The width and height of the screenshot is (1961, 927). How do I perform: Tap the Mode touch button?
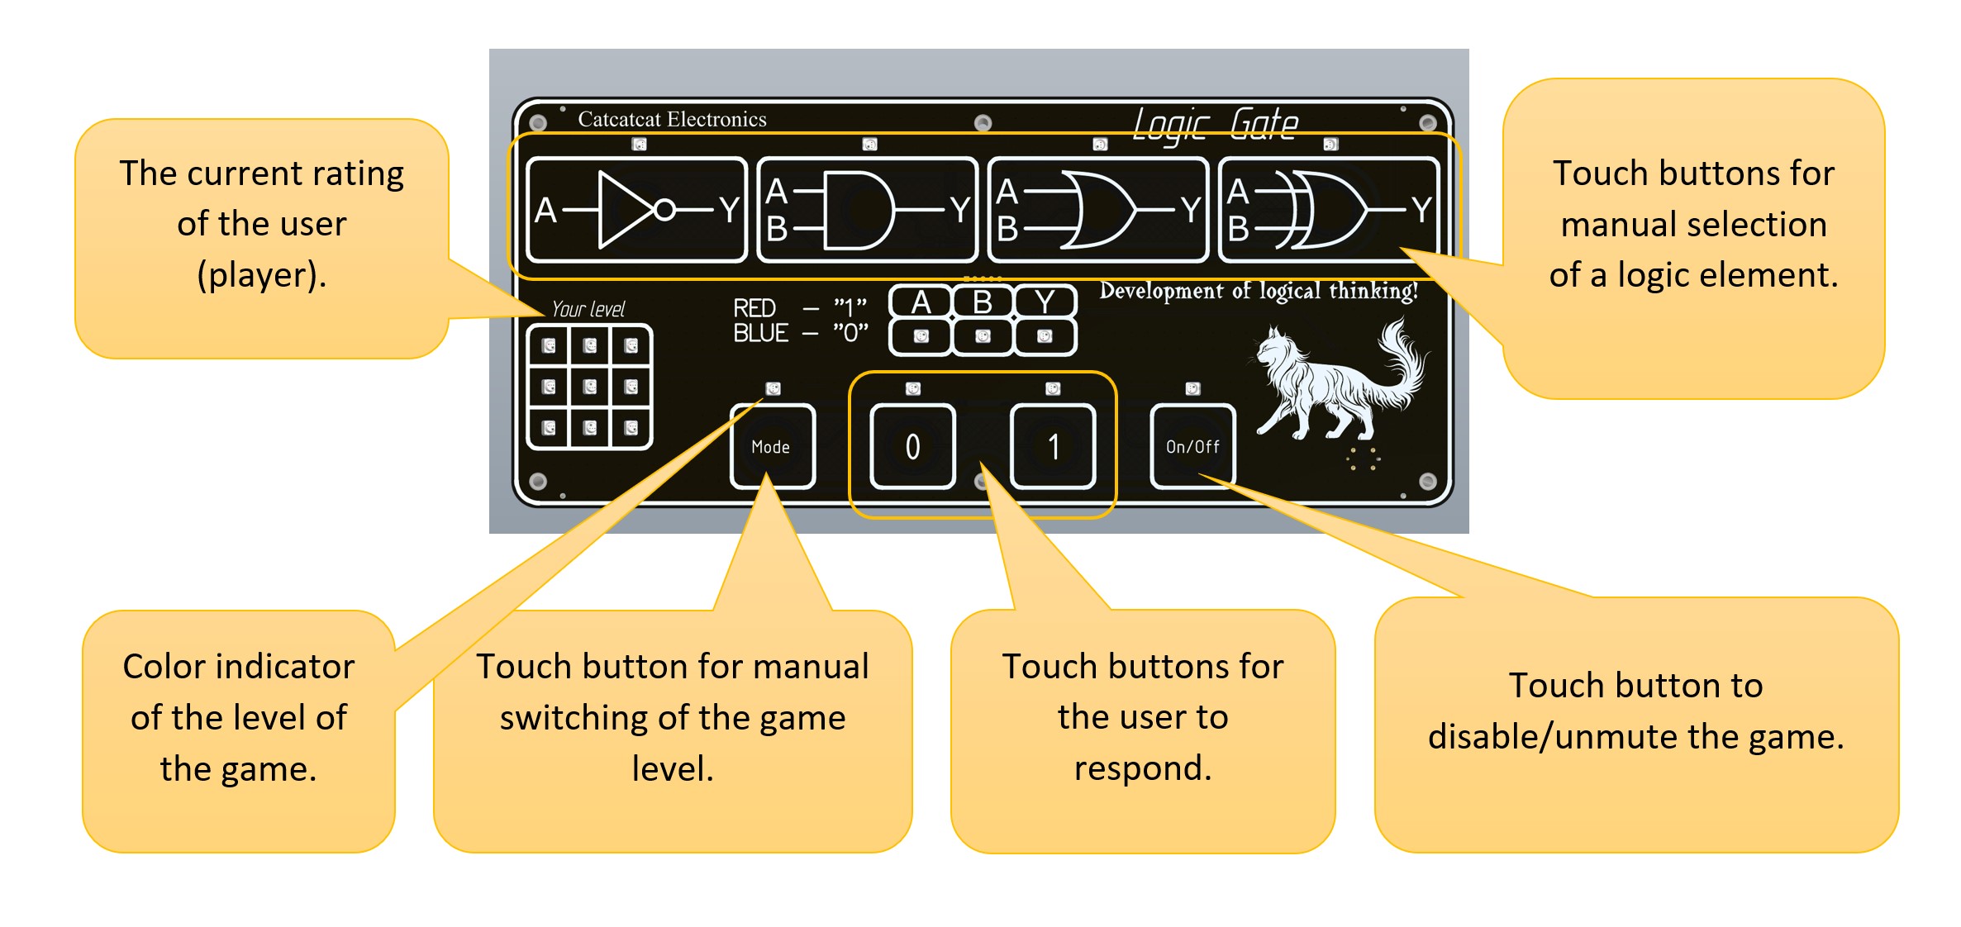pos(772,446)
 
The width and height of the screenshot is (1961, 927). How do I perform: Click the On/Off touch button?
pos(1192,446)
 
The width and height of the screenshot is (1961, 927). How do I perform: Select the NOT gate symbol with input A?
pos(636,210)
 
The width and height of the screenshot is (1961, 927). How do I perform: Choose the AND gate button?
pos(867,210)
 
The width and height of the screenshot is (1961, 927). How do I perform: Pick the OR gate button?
pos(1097,210)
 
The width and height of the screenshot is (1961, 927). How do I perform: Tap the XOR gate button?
pos(1329,210)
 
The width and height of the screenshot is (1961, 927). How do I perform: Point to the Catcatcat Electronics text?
pos(672,120)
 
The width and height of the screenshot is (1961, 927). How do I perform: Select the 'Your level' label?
pos(588,310)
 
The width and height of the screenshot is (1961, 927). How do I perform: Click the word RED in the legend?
pos(754,308)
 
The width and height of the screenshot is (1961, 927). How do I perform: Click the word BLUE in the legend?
pos(761,333)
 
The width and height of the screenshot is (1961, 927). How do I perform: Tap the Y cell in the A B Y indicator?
pos(1045,302)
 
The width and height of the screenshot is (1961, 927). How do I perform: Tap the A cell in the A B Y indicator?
pos(921,302)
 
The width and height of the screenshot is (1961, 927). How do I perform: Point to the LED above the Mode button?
pos(773,388)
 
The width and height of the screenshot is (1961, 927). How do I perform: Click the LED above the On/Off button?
pos(1192,388)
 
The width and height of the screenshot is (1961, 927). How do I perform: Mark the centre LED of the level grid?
pos(589,387)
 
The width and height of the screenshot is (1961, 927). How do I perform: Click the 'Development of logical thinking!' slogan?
pos(1258,291)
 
